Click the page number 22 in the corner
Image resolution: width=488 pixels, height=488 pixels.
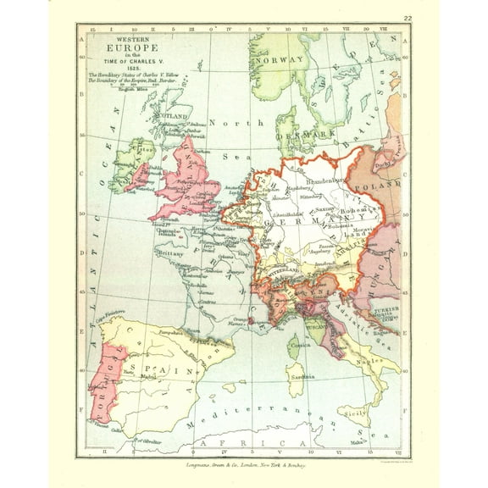408,17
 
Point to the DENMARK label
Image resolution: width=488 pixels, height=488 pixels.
308,133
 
